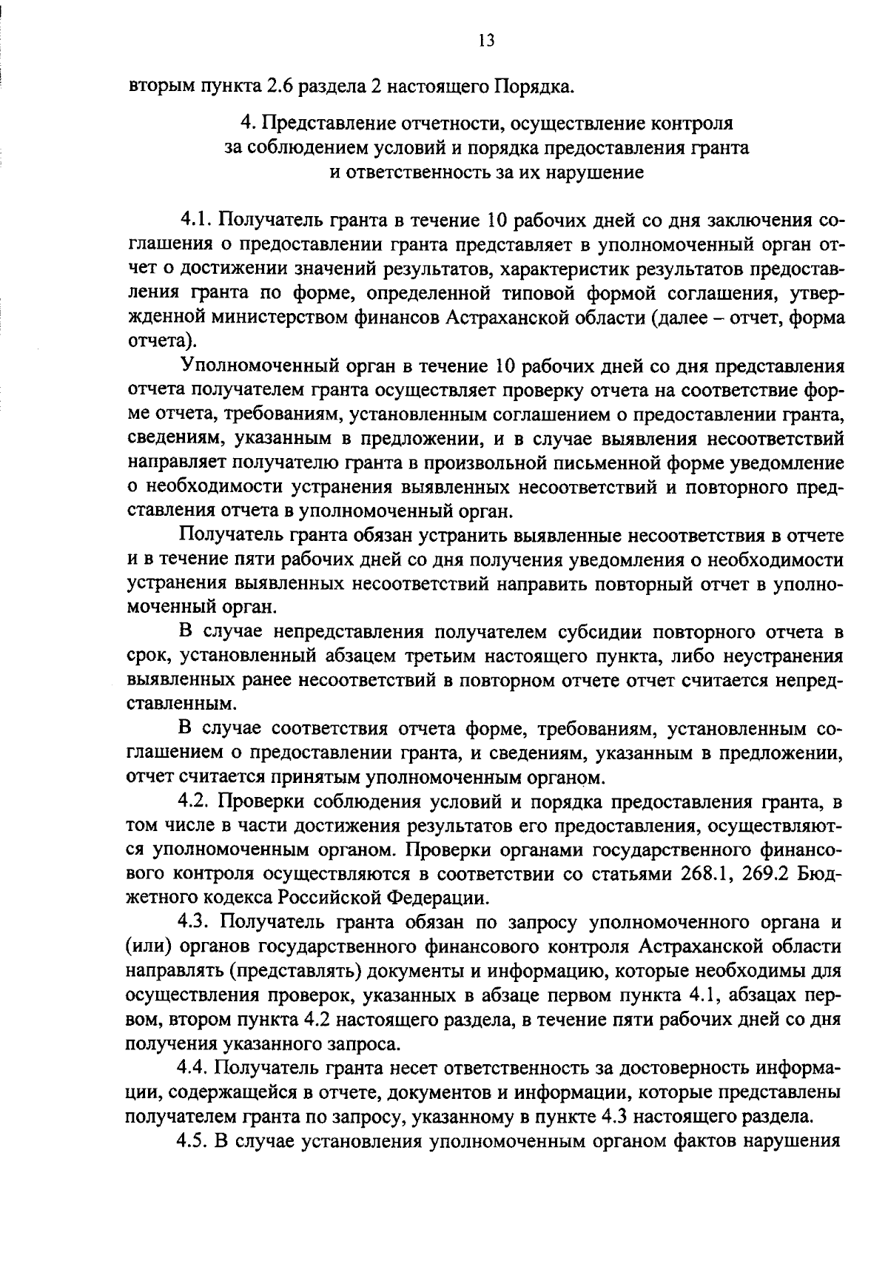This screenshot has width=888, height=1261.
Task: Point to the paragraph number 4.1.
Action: click(195, 221)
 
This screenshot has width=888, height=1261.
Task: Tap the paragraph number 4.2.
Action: click(195, 801)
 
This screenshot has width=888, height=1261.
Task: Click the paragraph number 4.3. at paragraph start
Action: click(195, 922)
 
